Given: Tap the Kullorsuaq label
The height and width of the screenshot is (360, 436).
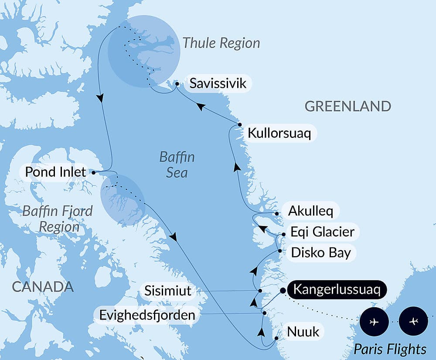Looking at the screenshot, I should coord(279,133).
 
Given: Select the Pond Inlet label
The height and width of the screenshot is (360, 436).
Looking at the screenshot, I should coord(55,172).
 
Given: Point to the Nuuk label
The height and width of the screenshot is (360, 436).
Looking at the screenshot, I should coord(303,332).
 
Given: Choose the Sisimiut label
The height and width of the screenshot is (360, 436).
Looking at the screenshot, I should coord(167,291).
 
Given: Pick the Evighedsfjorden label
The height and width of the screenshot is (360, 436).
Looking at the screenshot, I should coord(147,315).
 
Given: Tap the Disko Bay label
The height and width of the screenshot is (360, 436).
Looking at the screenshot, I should coord(321,252).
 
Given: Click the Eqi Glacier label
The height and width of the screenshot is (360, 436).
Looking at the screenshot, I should coord(322,231).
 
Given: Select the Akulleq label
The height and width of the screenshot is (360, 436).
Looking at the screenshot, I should coord(310,212).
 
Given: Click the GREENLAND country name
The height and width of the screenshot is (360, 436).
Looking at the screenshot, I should coord(347,106).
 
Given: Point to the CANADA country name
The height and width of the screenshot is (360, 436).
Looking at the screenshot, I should coord(43,287).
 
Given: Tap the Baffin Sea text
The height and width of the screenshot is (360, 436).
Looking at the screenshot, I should coord(177,165).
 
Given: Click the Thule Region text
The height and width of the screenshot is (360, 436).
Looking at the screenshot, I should coord(221,43).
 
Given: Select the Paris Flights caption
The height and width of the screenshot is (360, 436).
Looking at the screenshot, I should coord(390,349).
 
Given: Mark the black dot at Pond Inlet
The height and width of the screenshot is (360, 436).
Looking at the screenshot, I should coord(94,172).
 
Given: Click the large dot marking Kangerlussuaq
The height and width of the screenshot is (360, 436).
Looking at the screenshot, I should coord(283,290).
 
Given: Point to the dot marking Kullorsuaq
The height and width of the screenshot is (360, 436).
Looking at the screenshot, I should coord(240,125).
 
